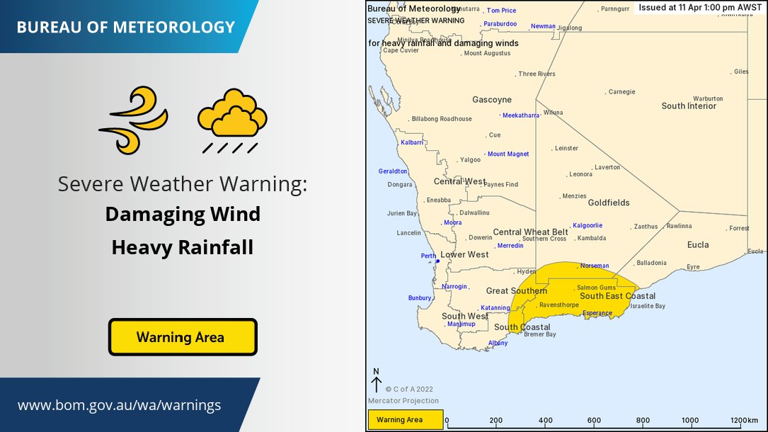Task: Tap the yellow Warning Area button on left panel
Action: (x=182, y=337)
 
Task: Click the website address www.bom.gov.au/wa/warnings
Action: (x=119, y=406)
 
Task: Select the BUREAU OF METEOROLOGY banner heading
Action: (x=125, y=28)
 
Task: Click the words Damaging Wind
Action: (x=183, y=213)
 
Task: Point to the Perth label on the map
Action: (x=428, y=256)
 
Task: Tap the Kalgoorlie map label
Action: (x=587, y=226)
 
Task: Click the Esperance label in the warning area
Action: (x=596, y=313)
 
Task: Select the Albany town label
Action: (x=498, y=343)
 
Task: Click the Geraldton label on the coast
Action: (x=393, y=171)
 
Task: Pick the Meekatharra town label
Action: (x=520, y=115)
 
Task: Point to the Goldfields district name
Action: (x=608, y=203)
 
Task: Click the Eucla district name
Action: (x=697, y=245)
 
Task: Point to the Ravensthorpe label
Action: (x=558, y=305)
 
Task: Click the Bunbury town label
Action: (x=419, y=298)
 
